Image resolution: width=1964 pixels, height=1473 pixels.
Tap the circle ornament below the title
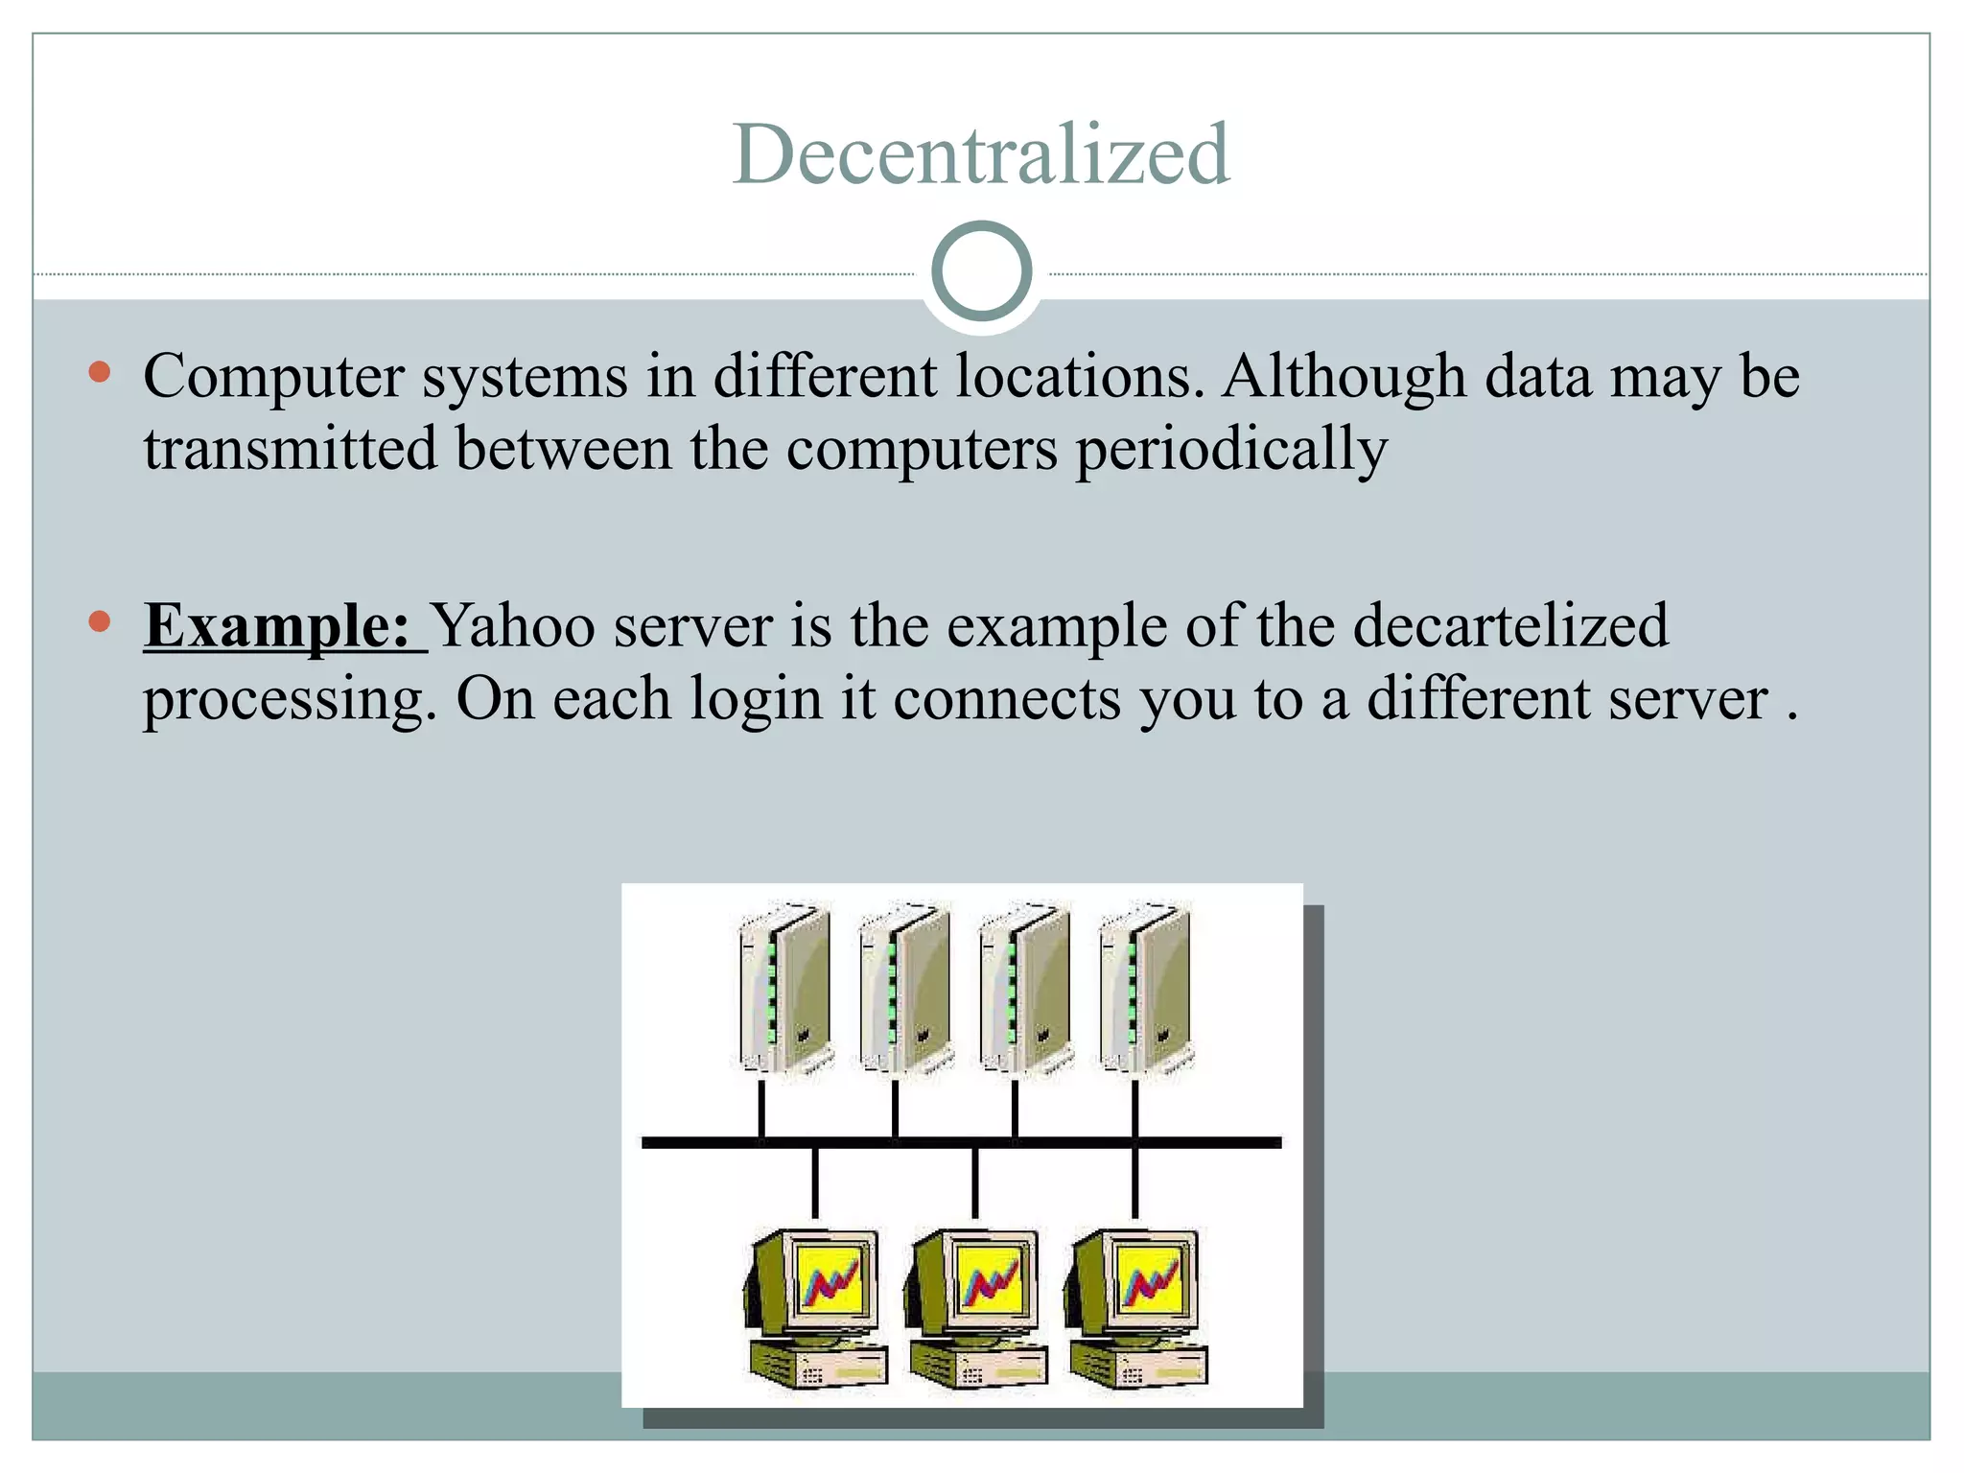tap(981, 271)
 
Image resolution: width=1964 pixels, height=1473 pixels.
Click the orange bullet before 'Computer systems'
tap(99, 372)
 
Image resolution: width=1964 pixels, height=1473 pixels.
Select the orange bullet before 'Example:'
tap(99, 622)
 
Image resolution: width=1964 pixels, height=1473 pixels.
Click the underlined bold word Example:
tap(278, 626)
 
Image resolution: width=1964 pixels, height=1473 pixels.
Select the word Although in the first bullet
tap(1344, 376)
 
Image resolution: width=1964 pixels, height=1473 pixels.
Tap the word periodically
tap(1230, 449)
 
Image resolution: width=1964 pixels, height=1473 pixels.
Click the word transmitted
tap(290, 449)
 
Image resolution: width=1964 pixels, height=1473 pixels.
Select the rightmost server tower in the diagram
tap(1145, 990)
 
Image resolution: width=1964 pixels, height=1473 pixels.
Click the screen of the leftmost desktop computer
tap(830, 1280)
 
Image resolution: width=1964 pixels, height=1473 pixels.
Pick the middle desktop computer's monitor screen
tap(991, 1280)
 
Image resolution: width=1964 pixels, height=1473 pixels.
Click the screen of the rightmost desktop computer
tap(1150, 1280)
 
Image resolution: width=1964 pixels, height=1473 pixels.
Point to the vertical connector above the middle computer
tap(975, 1183)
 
